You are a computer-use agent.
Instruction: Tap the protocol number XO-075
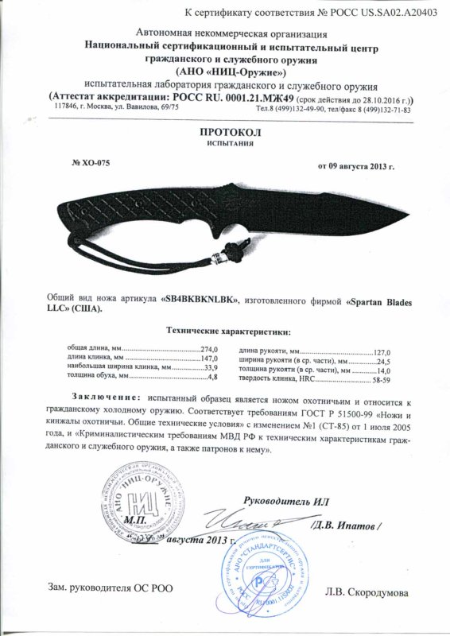pos(91,163)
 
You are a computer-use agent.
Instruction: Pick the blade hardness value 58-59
pos(394,381)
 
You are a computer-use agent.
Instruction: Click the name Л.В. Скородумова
pos(368,593)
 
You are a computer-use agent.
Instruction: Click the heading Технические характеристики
pos(227,330)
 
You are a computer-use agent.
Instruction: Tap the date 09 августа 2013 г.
pos(356,167)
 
